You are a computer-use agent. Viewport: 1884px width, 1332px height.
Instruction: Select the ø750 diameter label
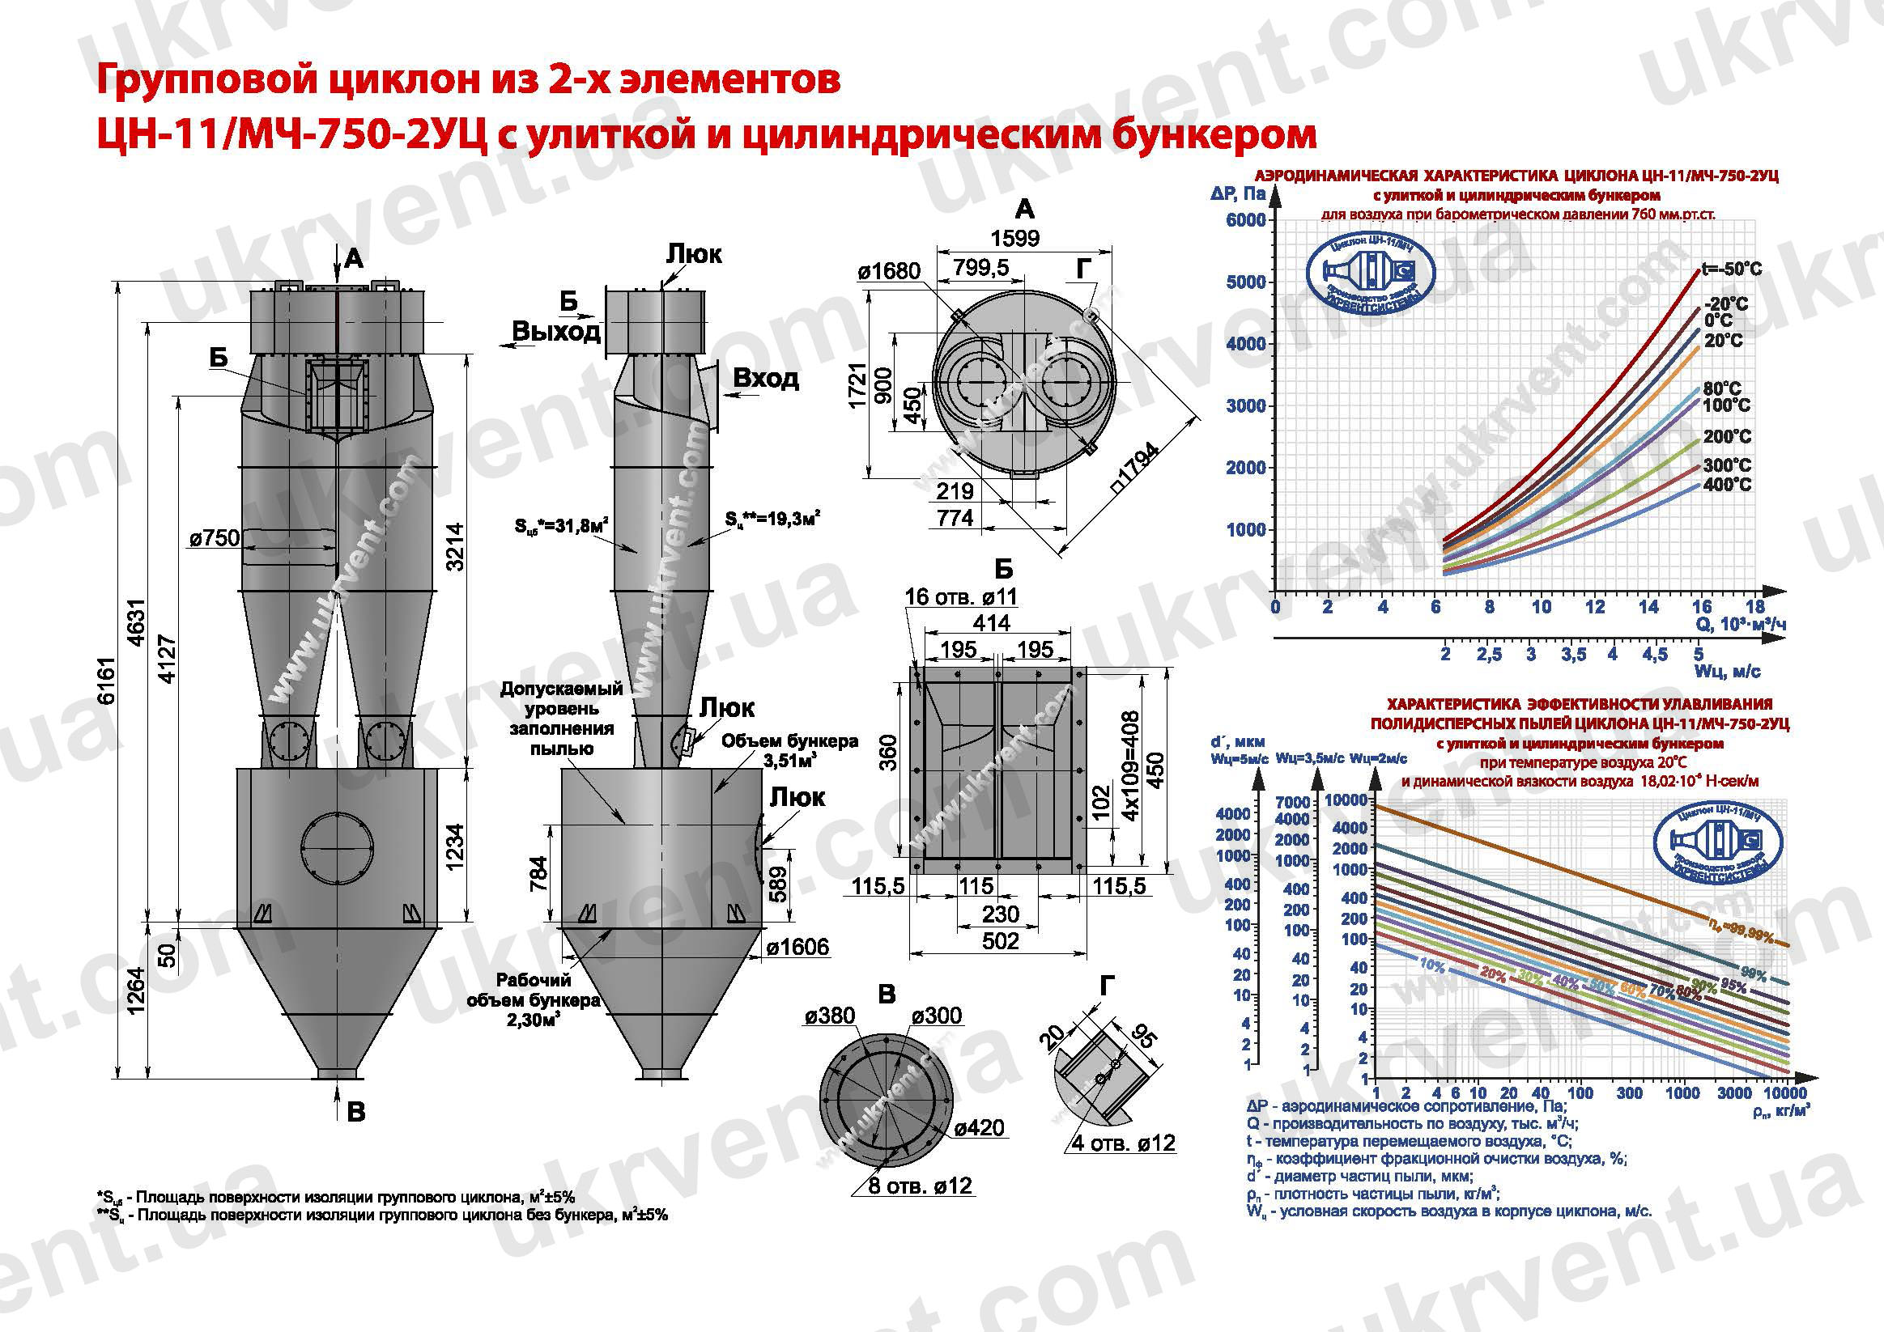point(215,538)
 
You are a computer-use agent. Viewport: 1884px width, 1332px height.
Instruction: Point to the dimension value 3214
point(453,547)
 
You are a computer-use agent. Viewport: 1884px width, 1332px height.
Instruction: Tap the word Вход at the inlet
point(765,378)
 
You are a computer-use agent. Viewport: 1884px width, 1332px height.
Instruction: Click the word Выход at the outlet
point(556,331)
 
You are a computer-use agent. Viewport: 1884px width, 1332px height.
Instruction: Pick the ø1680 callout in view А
point(890,270)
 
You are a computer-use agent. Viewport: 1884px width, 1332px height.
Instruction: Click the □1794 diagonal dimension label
point(1137,469)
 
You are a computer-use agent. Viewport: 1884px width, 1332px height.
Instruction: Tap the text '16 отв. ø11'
point(960,596)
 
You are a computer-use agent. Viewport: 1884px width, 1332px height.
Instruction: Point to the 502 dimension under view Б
point(999,941)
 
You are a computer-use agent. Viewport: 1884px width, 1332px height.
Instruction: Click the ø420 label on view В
point(979,1128)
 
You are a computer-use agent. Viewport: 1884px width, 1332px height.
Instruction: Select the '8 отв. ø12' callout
point(921,1186)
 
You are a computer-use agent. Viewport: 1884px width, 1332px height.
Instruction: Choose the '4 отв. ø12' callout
point(1124,1143)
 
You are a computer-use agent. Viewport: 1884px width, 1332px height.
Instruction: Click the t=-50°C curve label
point(1731,269)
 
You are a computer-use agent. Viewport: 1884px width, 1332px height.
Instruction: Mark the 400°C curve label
point(1726,485)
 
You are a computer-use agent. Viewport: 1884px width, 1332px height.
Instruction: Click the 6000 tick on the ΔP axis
point(1245,220)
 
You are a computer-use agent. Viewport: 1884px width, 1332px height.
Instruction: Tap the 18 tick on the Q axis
point(1755,607)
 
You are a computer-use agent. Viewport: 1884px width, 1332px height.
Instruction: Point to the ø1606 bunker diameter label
point(797,948)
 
